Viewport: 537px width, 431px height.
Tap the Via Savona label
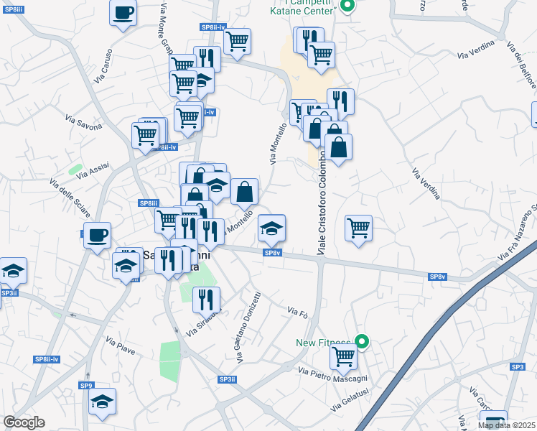tap(84, 121)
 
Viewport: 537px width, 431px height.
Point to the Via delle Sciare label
tap(65, 193)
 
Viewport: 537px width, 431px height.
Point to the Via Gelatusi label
tap(350, 402)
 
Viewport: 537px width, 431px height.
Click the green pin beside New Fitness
tap(363, 343)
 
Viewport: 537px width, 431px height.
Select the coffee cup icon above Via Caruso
tap(123, 12)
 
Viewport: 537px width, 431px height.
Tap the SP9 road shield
tap(86, 386)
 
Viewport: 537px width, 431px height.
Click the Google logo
tap(24, 422)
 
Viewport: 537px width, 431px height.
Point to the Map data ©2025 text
tap(507, 425)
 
